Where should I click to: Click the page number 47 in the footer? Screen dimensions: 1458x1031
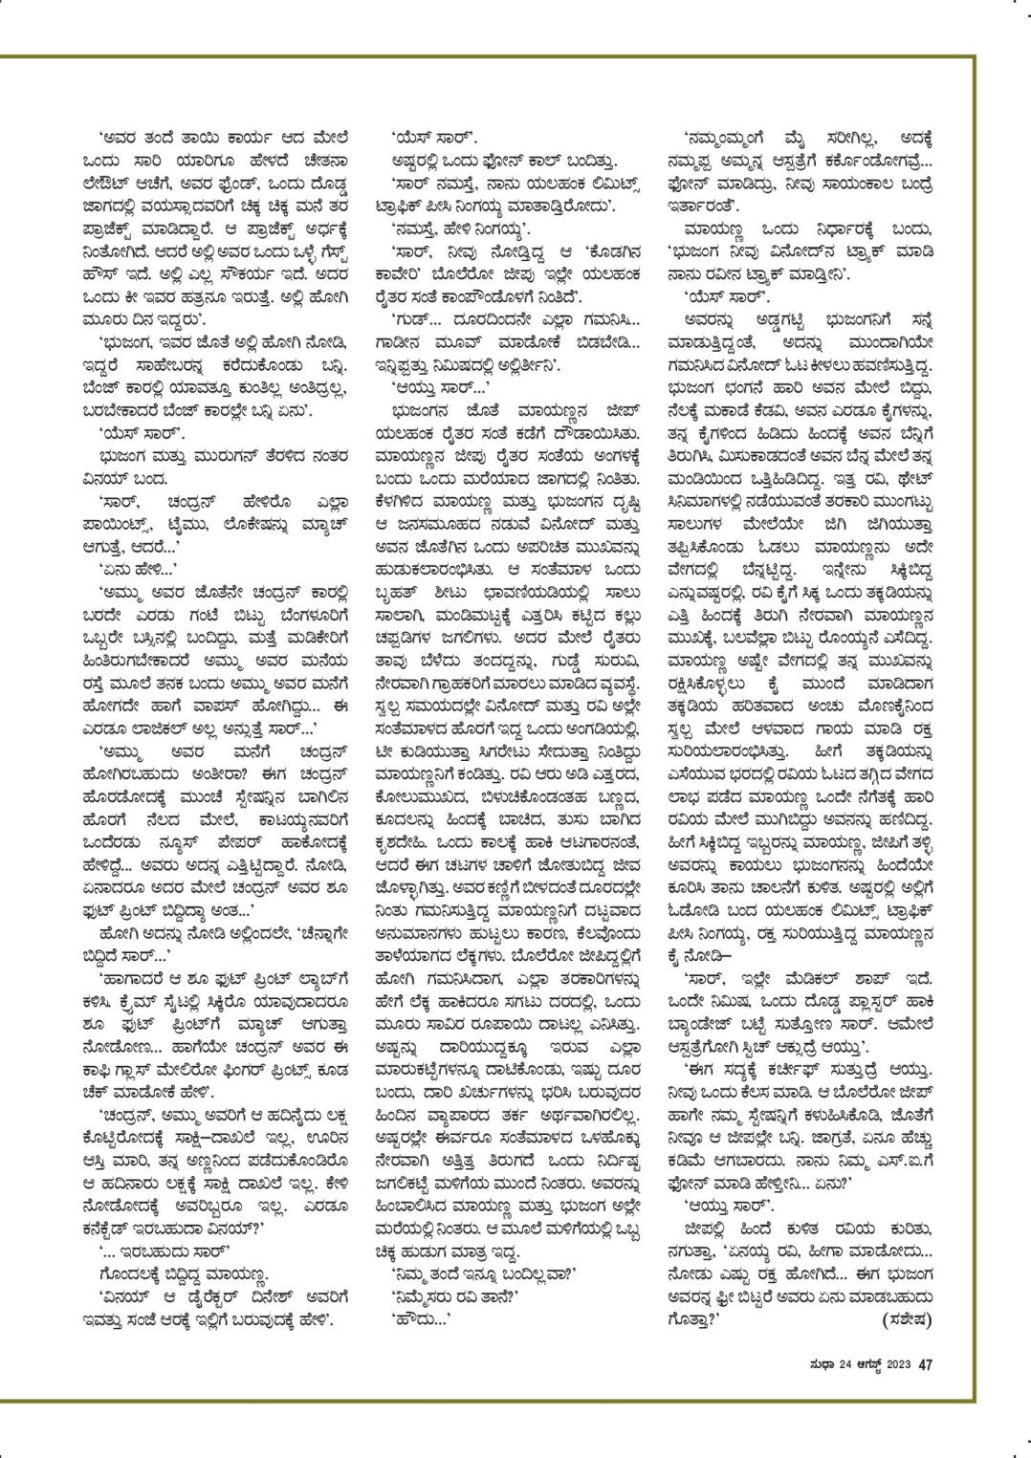pos(925,1364)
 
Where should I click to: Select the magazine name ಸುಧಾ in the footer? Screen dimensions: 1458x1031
pos(800,1364)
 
